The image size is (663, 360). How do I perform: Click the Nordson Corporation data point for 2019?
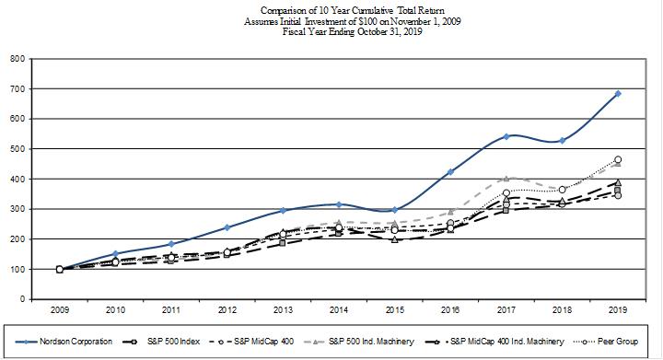(x=618, y=94)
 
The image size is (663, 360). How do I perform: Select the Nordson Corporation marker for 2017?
(x=506, y=136)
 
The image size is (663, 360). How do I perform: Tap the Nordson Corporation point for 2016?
(x=450, y=172)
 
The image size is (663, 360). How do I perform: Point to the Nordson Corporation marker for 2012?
(x=227, y=227)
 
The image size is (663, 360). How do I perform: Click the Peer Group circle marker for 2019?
(x=618, y=159)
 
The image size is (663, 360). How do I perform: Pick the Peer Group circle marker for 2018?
(x=562, y=190)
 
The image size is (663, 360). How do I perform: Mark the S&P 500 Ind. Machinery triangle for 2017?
(x=506, y=179)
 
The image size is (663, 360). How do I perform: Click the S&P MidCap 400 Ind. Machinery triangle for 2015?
(x=394, y=239)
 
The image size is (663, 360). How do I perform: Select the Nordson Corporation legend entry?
(x=64, y=342)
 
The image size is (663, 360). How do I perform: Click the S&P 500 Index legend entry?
(x=161, y=342)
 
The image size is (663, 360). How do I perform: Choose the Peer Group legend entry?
(x=606, y=342)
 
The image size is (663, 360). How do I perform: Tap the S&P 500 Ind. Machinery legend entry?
(x=359, y=342)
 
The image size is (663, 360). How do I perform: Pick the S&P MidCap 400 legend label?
(x=263, y=342)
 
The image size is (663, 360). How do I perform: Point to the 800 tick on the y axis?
(x=19, y=59)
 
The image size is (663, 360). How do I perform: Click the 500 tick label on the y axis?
(x=19, y=149)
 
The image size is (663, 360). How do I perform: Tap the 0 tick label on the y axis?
(x=23, y=299)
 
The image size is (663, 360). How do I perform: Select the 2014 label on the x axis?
(x=339, y=310)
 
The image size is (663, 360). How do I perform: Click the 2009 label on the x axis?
(x=60, y=310)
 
